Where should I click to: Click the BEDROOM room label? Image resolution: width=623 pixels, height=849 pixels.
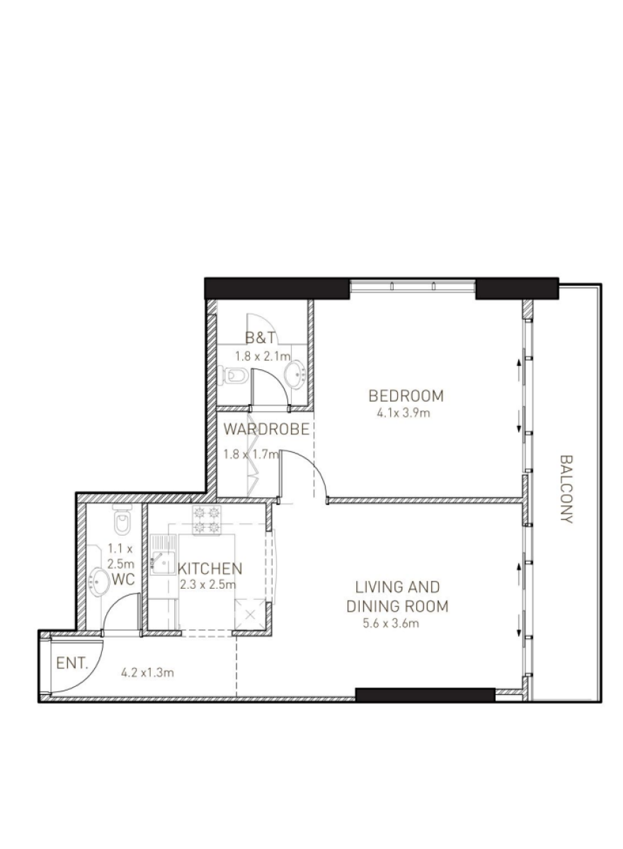(406, 395)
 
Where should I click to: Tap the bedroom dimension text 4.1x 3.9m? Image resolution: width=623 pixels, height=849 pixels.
(404, 412)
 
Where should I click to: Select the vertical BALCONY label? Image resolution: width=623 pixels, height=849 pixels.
(566, 489)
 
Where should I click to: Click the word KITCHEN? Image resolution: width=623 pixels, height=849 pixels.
(210, 569)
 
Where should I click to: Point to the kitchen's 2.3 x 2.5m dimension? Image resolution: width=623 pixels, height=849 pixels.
(208, 584)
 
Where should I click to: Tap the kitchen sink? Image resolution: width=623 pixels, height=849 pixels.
(163, 555)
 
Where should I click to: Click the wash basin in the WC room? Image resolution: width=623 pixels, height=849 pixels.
(98, 581)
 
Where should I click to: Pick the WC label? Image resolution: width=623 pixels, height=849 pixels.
(124, 579)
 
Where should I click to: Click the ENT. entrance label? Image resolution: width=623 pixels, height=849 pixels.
(72, 664)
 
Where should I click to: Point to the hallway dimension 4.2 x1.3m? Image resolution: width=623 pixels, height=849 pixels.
(147, 673)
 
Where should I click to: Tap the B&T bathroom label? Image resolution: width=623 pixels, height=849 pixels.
(259, 337)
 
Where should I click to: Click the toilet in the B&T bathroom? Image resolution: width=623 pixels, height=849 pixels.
(235, 375)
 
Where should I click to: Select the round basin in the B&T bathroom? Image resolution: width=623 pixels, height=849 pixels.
(295, 375)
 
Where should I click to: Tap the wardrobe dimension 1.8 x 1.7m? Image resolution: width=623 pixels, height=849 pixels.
(251, 454)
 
